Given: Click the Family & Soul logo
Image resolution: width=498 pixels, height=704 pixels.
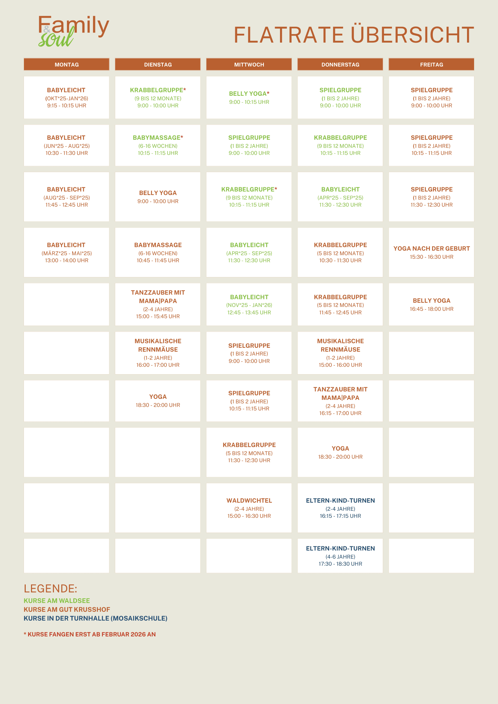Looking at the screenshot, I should [x=73, y=31].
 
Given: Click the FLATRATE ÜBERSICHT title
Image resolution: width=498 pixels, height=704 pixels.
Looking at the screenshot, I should [x=354, y=35].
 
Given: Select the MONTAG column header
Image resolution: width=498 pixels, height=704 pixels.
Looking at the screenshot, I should [x=67, y=64].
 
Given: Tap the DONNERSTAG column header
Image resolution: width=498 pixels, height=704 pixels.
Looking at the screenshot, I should [x=340, y=64].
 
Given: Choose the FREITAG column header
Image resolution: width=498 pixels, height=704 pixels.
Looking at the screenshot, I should [x=431, y=64].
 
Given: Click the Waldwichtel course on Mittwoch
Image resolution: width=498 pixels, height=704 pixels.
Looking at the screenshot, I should [x=249, y=508].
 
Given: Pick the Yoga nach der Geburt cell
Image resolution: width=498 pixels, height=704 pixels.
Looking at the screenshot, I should [x=431, y=252].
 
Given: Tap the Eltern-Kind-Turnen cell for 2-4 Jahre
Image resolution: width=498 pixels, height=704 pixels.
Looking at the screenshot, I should [x=340, y=508].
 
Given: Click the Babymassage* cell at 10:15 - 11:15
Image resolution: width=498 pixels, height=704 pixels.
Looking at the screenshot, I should [x=158, y=145].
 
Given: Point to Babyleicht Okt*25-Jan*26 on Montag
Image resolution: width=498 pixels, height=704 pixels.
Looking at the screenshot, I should [x=67, y=98].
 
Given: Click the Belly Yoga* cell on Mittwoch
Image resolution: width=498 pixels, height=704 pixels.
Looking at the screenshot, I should [x=249, y=98].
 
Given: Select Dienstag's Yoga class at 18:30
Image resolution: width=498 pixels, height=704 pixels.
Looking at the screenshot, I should [x=158, y=401].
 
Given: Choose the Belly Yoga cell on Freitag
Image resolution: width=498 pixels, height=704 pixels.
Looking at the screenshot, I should [x=431, y=304].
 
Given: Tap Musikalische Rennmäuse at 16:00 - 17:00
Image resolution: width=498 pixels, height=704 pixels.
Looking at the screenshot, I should [x=158, y=353].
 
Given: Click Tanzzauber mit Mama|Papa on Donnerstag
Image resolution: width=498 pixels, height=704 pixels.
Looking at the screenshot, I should [x=340, y=401].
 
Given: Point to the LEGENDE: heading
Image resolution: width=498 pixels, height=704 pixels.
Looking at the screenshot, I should [x=50, y=589].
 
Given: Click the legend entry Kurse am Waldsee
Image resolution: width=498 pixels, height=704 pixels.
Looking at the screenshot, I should [x=57, y=601].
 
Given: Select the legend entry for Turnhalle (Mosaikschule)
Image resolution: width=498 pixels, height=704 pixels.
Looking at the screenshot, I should [x=95, y=618].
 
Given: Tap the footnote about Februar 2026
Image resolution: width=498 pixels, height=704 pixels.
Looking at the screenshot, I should [x=89, y=634].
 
